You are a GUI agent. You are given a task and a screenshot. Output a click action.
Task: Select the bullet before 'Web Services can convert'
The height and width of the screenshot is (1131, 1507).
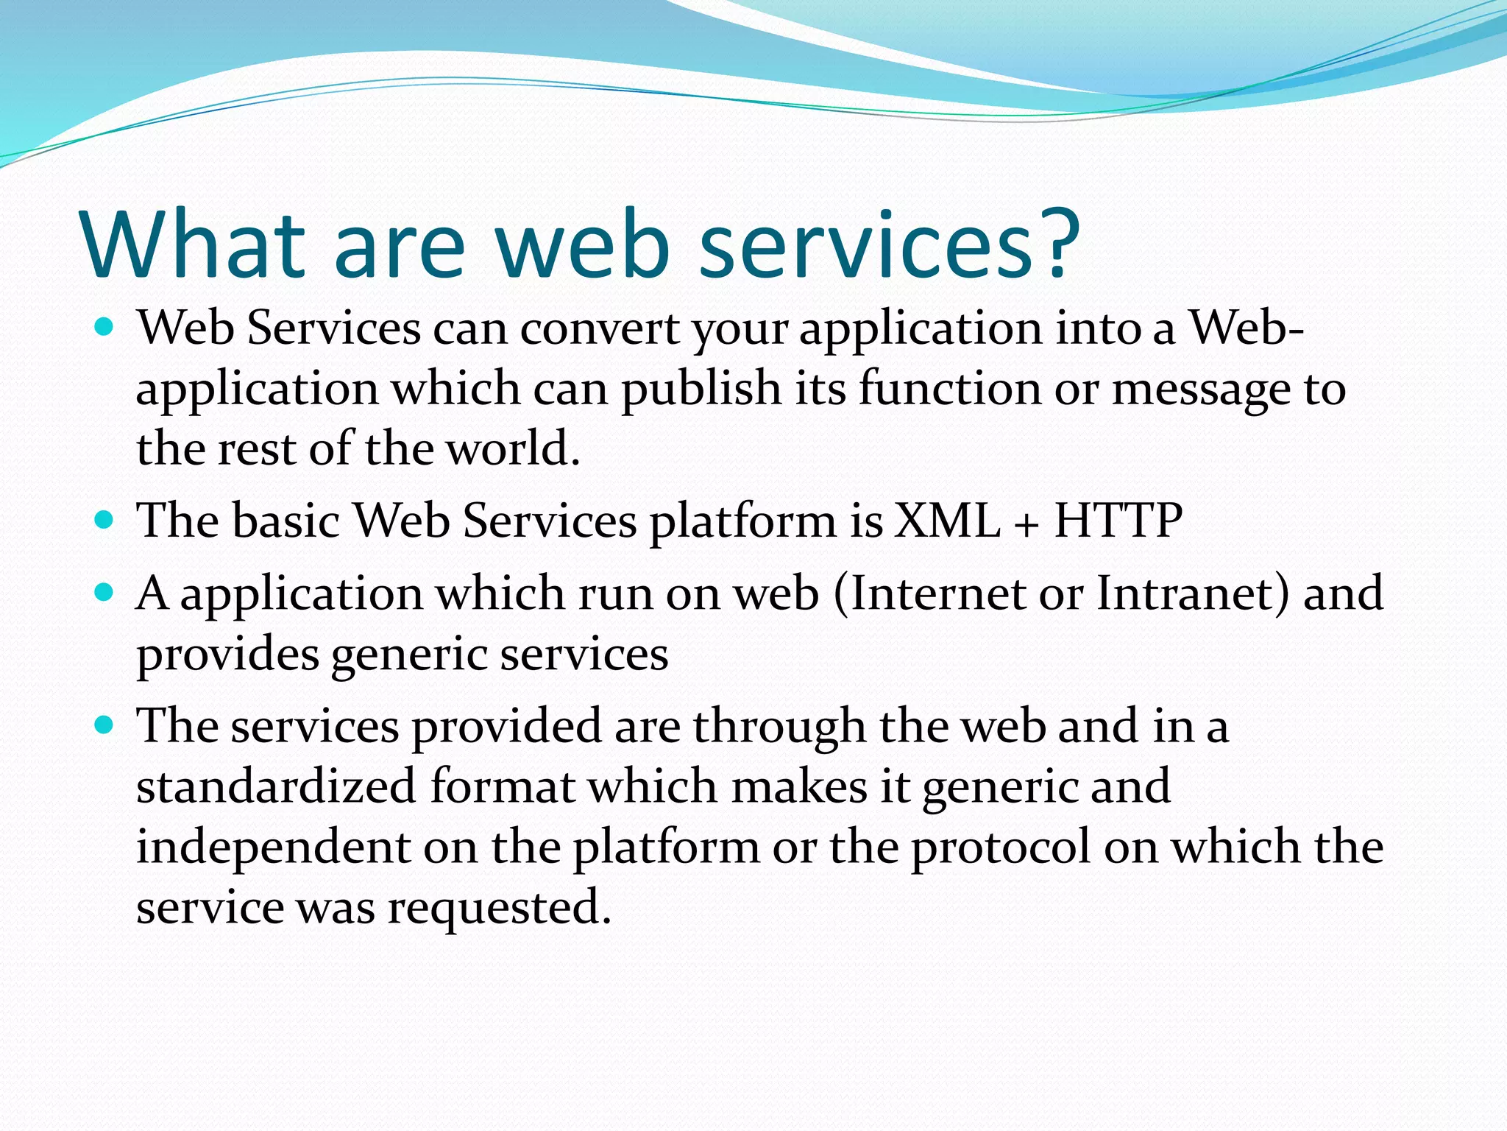point(105,326)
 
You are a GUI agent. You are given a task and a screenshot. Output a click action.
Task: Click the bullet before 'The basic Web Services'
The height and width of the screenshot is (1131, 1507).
point(105,521)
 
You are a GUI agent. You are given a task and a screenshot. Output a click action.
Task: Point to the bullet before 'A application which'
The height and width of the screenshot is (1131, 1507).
point(105,592)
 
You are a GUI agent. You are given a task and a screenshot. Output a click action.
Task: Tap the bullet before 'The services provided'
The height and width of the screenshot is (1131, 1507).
point(105,725)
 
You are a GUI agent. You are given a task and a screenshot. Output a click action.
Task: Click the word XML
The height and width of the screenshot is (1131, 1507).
point(947,521)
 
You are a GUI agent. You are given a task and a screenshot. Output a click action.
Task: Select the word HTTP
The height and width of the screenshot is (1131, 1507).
point(1118,521)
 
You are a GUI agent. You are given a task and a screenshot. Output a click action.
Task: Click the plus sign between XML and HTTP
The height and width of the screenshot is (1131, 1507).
point(1027,524)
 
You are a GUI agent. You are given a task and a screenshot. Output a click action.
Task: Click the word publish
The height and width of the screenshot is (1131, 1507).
point(701,390)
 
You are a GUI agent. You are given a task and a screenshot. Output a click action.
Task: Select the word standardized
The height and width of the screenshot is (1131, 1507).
point(277,786)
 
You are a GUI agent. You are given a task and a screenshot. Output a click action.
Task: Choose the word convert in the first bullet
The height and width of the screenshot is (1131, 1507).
point(599,328)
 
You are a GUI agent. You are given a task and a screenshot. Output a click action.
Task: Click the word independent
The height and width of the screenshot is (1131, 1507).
point(273,848)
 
